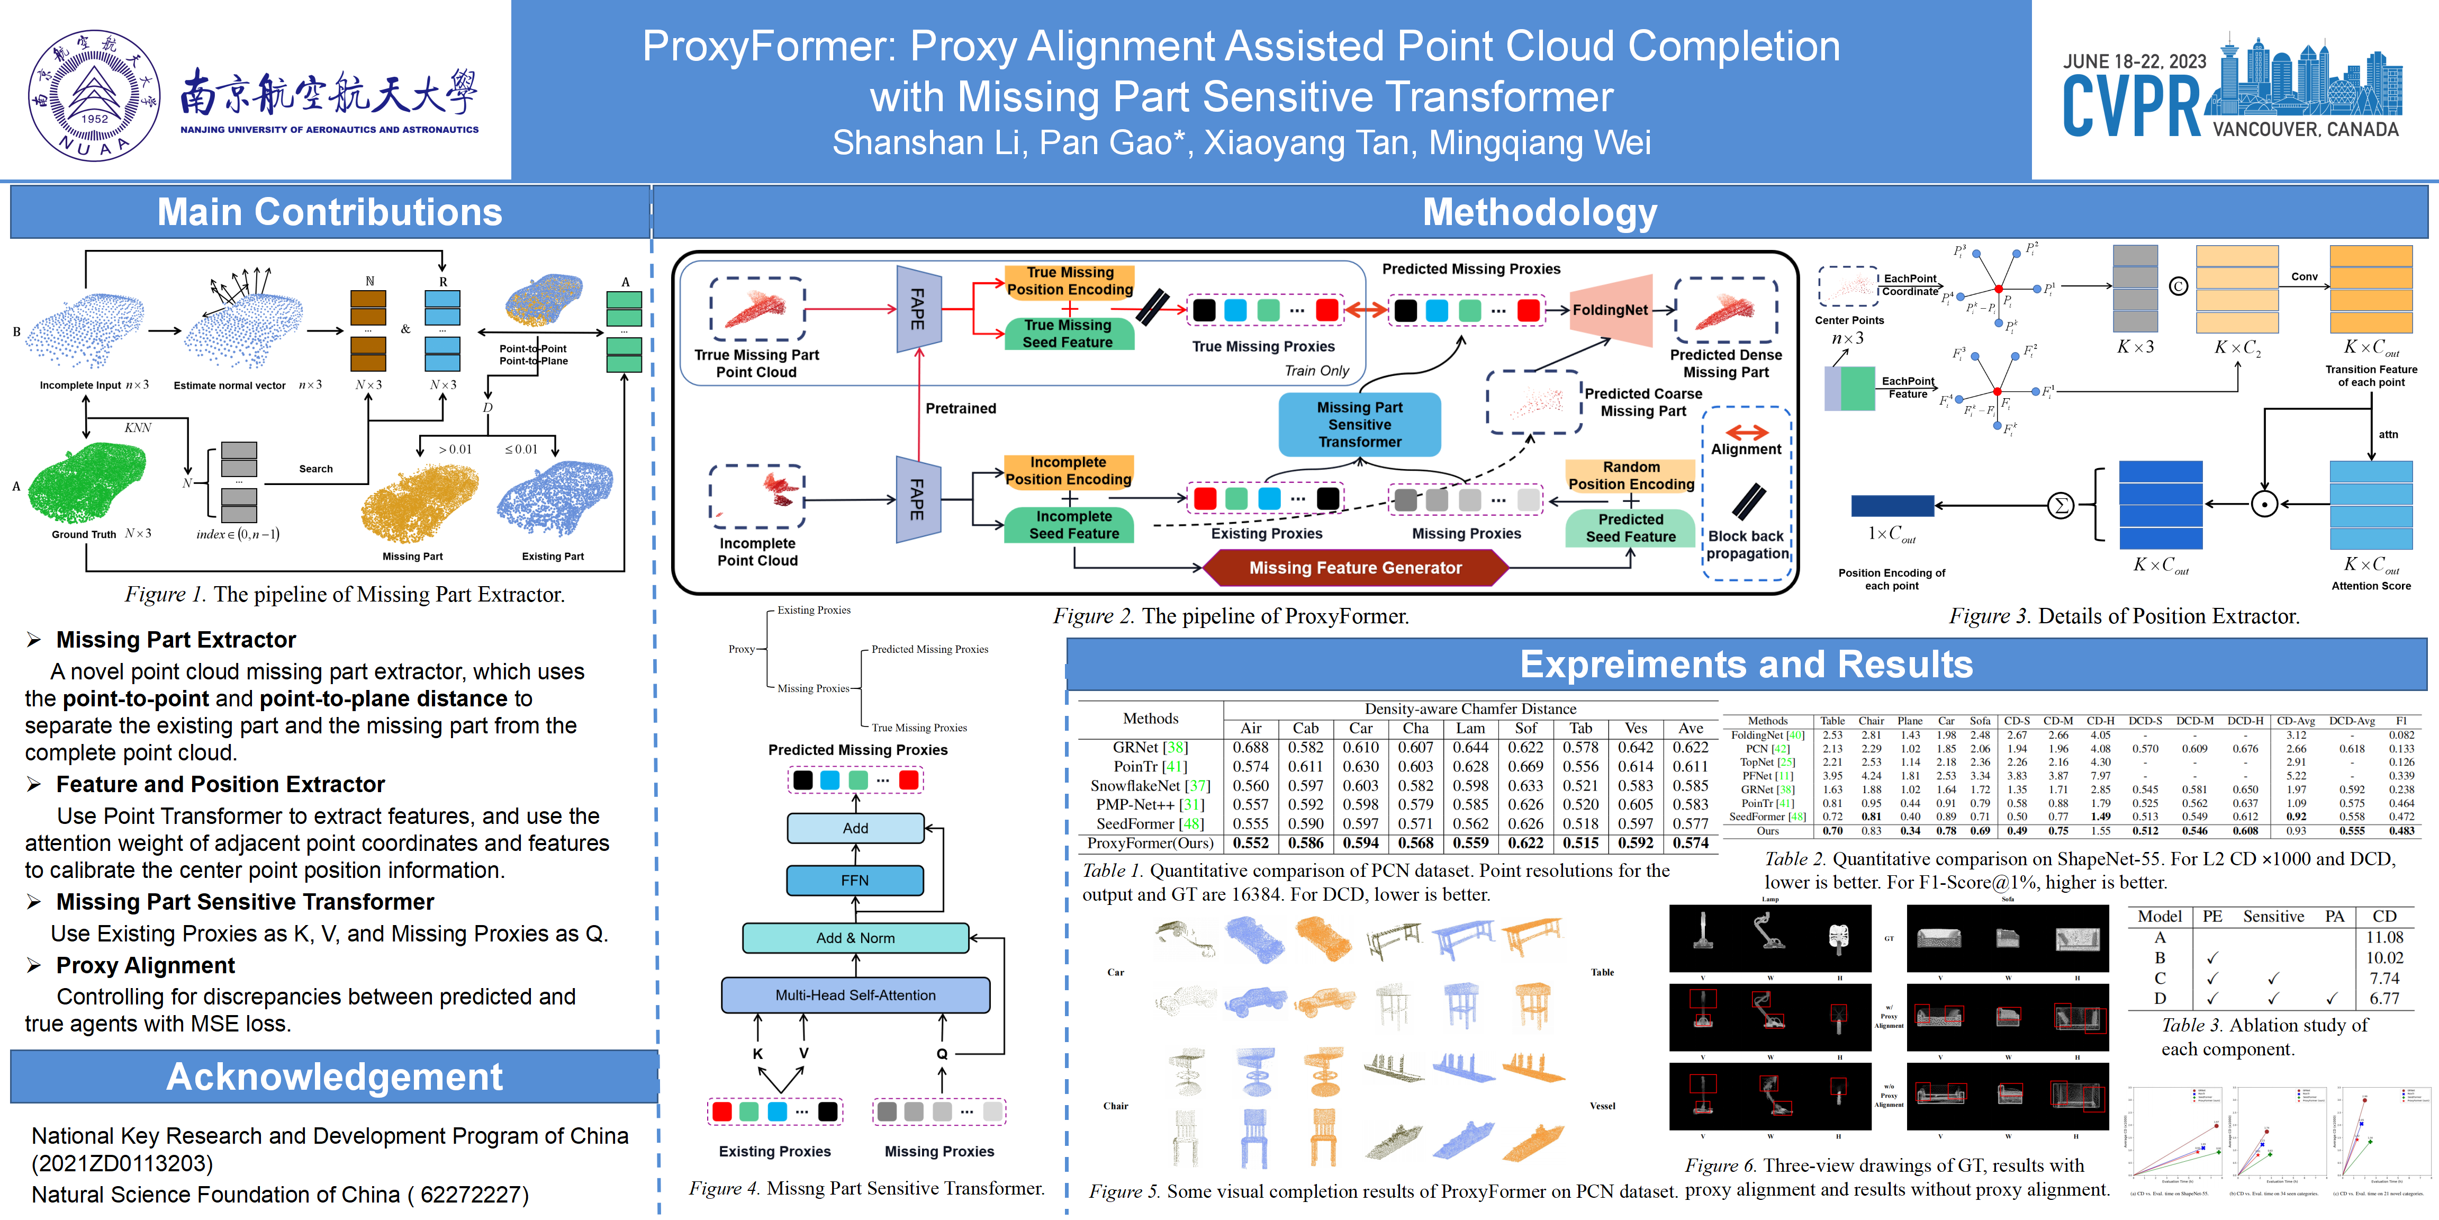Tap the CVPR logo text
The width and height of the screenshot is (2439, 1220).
pyautogui.click(x=2131, y=107)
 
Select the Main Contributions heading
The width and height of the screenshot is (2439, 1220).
pyautogui.click(x=330, y=212)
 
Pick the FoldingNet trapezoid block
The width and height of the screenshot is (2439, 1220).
pyautogui.click(x=1612, y=310)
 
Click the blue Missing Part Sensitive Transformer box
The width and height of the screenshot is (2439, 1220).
pyautogui.click(x=1360, y=424)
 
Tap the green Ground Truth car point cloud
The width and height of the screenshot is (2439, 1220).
pyautogui.click(x=87, y=483)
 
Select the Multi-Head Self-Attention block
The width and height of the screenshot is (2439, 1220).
pyautogui.click(x=855, y=994)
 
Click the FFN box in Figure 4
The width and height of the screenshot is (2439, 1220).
pyautogui.click(x=855, y=880)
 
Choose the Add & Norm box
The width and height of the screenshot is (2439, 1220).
pyautogui.click(x=855, y=938)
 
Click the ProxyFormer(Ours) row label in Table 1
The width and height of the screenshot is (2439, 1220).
pyautogui.click(x=1150, y=843)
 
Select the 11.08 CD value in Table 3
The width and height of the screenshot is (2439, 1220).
pyautogui.click(x=2384, y=937)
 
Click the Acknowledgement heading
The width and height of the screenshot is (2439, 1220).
pyautogui.click(x=334, y=1077)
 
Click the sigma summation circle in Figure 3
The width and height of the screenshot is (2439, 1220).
pyautogui.click(x=2060, y=506)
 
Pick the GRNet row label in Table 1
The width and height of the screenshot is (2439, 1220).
pyautogui.click(x=1150, y=747)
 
